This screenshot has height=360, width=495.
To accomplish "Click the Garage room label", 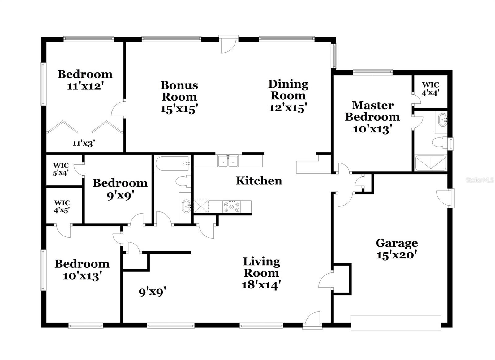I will click(397, 249).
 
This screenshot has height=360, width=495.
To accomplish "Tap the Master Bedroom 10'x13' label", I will click(372, 117).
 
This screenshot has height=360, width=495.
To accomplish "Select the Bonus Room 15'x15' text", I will click(179, 97).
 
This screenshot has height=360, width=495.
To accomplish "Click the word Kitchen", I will click(259, 181).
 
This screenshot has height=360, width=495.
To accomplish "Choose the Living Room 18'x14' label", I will click(261, 273).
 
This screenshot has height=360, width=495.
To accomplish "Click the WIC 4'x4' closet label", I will click(431, 89).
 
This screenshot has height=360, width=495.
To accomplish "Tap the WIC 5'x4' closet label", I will click(61, 169).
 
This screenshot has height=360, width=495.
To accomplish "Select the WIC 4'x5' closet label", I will click(62, 207).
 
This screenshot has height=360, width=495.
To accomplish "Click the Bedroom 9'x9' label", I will click(120, 189).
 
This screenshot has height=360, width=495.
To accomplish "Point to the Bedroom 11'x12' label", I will click(85, 80).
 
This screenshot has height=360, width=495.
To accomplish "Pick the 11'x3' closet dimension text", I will click(84, 143).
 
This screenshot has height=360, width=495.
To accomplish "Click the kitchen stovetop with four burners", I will click(232, 207).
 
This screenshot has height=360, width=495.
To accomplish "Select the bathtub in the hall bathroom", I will click(172, 164).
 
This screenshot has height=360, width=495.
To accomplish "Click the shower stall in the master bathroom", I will click(430, 163).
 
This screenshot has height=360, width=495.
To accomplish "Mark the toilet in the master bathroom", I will click(439, 143).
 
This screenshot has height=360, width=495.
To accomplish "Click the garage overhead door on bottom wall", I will click(396, 323).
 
